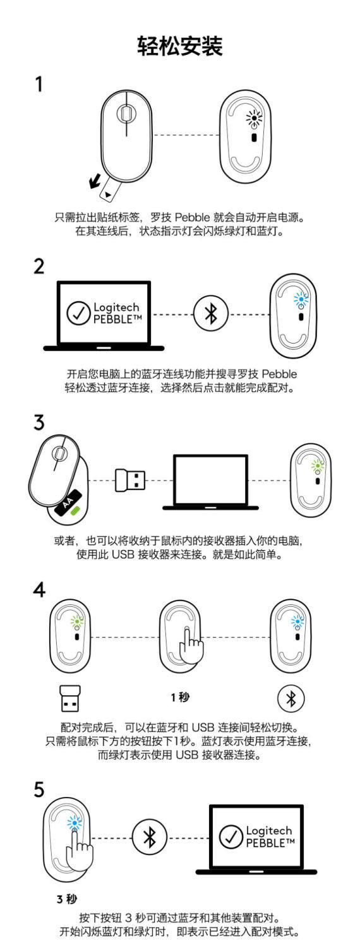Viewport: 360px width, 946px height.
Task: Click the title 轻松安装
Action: [180, 46]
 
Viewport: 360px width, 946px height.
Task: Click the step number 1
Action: [39, 85]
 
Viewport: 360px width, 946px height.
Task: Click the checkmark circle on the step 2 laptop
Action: [78, 314]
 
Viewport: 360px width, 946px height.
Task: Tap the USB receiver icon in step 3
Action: [130, 481]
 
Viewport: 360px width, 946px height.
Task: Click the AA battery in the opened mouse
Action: [70, 502]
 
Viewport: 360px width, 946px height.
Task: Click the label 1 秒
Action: [180, 697]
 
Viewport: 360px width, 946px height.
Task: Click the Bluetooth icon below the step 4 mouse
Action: [291, 698]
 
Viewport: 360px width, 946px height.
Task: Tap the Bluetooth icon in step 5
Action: [150, 838]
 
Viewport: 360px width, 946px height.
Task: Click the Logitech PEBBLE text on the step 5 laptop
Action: [268, 837]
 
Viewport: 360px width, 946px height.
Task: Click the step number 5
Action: [39, 791]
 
